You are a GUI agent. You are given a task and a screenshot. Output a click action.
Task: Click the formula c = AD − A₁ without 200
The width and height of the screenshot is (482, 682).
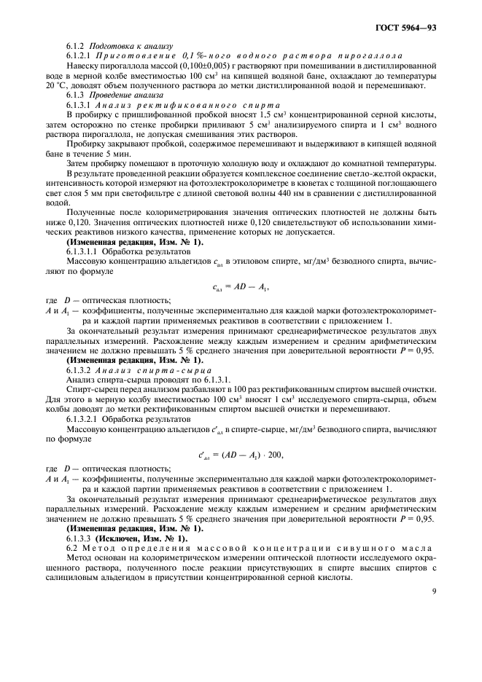pyautogui.click(x=238, y=267)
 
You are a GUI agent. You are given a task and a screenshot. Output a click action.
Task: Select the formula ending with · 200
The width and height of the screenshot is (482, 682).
pyautogui.click(x=241, y=456)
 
